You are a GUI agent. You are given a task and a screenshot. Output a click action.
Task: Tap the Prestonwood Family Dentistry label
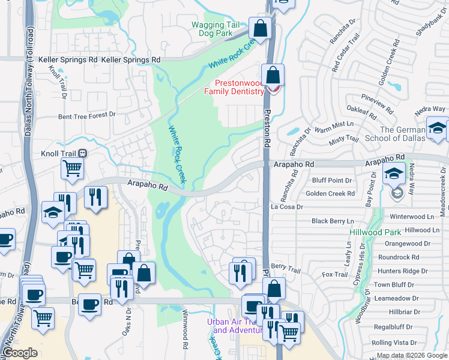[234, 88]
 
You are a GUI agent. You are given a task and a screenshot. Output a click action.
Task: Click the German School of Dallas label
[402, 134]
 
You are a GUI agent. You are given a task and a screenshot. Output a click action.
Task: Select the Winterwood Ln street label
[411, 217]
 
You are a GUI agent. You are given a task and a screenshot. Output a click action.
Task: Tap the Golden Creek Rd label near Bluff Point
[330, 194]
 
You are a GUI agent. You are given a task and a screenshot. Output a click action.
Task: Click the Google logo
[20, 353]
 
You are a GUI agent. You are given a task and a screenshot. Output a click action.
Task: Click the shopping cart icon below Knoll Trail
[72, 169]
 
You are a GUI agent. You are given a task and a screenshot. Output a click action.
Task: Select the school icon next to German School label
[438, 128]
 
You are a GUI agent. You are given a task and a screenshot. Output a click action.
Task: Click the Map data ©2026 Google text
[412, 355]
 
